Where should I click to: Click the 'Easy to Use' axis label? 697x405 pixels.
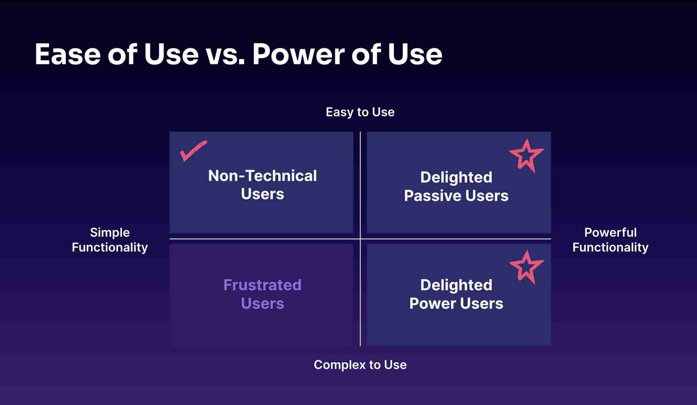coord(360,112)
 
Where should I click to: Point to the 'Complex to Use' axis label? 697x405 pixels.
coord(360,365)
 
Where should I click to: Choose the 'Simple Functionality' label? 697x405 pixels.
coord(110,240)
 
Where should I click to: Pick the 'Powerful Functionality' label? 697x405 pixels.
coord(610,240)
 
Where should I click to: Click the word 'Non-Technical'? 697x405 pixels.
coord(262,176)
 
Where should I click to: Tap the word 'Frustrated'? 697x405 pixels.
coord(262,285)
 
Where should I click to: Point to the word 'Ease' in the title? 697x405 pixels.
coord(68,54)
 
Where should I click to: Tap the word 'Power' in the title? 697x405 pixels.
coord(298,54)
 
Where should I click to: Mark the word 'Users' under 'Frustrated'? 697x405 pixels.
coord(262,303)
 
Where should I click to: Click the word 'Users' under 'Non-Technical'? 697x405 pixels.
coord(262,194)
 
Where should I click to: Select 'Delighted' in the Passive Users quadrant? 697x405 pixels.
coord(456,177)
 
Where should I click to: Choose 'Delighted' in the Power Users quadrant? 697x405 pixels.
coord(456,285)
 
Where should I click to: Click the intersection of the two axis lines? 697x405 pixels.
coord(360,239)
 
